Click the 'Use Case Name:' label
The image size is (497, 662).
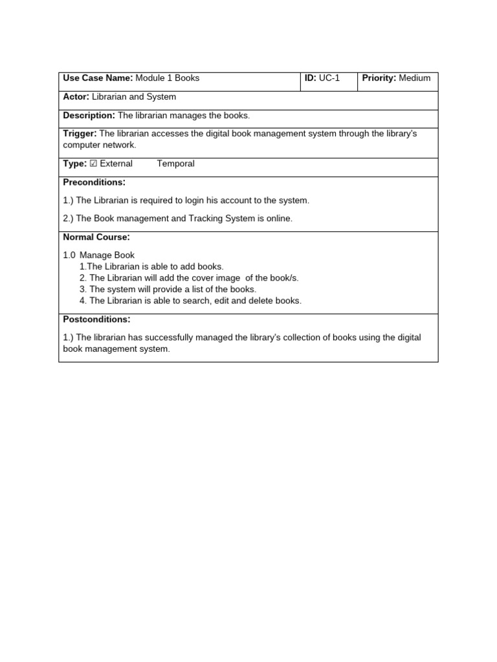click(98, 78)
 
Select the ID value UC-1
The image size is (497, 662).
click(329, 78)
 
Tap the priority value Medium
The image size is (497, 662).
click(415, 78)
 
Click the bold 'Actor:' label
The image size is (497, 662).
click(76, 97)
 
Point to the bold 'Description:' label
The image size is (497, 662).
click(89, 116)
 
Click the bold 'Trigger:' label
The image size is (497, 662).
click(80, 134)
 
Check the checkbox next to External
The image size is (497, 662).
click(93, 164)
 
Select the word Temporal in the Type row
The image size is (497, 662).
click(175, 164)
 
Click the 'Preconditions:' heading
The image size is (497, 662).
click(94, 182)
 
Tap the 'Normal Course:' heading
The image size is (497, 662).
click(96, 237)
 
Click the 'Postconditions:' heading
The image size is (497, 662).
click(96, 319)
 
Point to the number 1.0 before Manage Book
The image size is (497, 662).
click(69, 255)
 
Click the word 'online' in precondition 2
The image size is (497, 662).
click(278, 219)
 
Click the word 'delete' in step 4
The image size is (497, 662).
click(264, 301)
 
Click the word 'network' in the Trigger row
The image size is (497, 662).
click(120, 145)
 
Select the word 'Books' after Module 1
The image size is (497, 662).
click(187, 78)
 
